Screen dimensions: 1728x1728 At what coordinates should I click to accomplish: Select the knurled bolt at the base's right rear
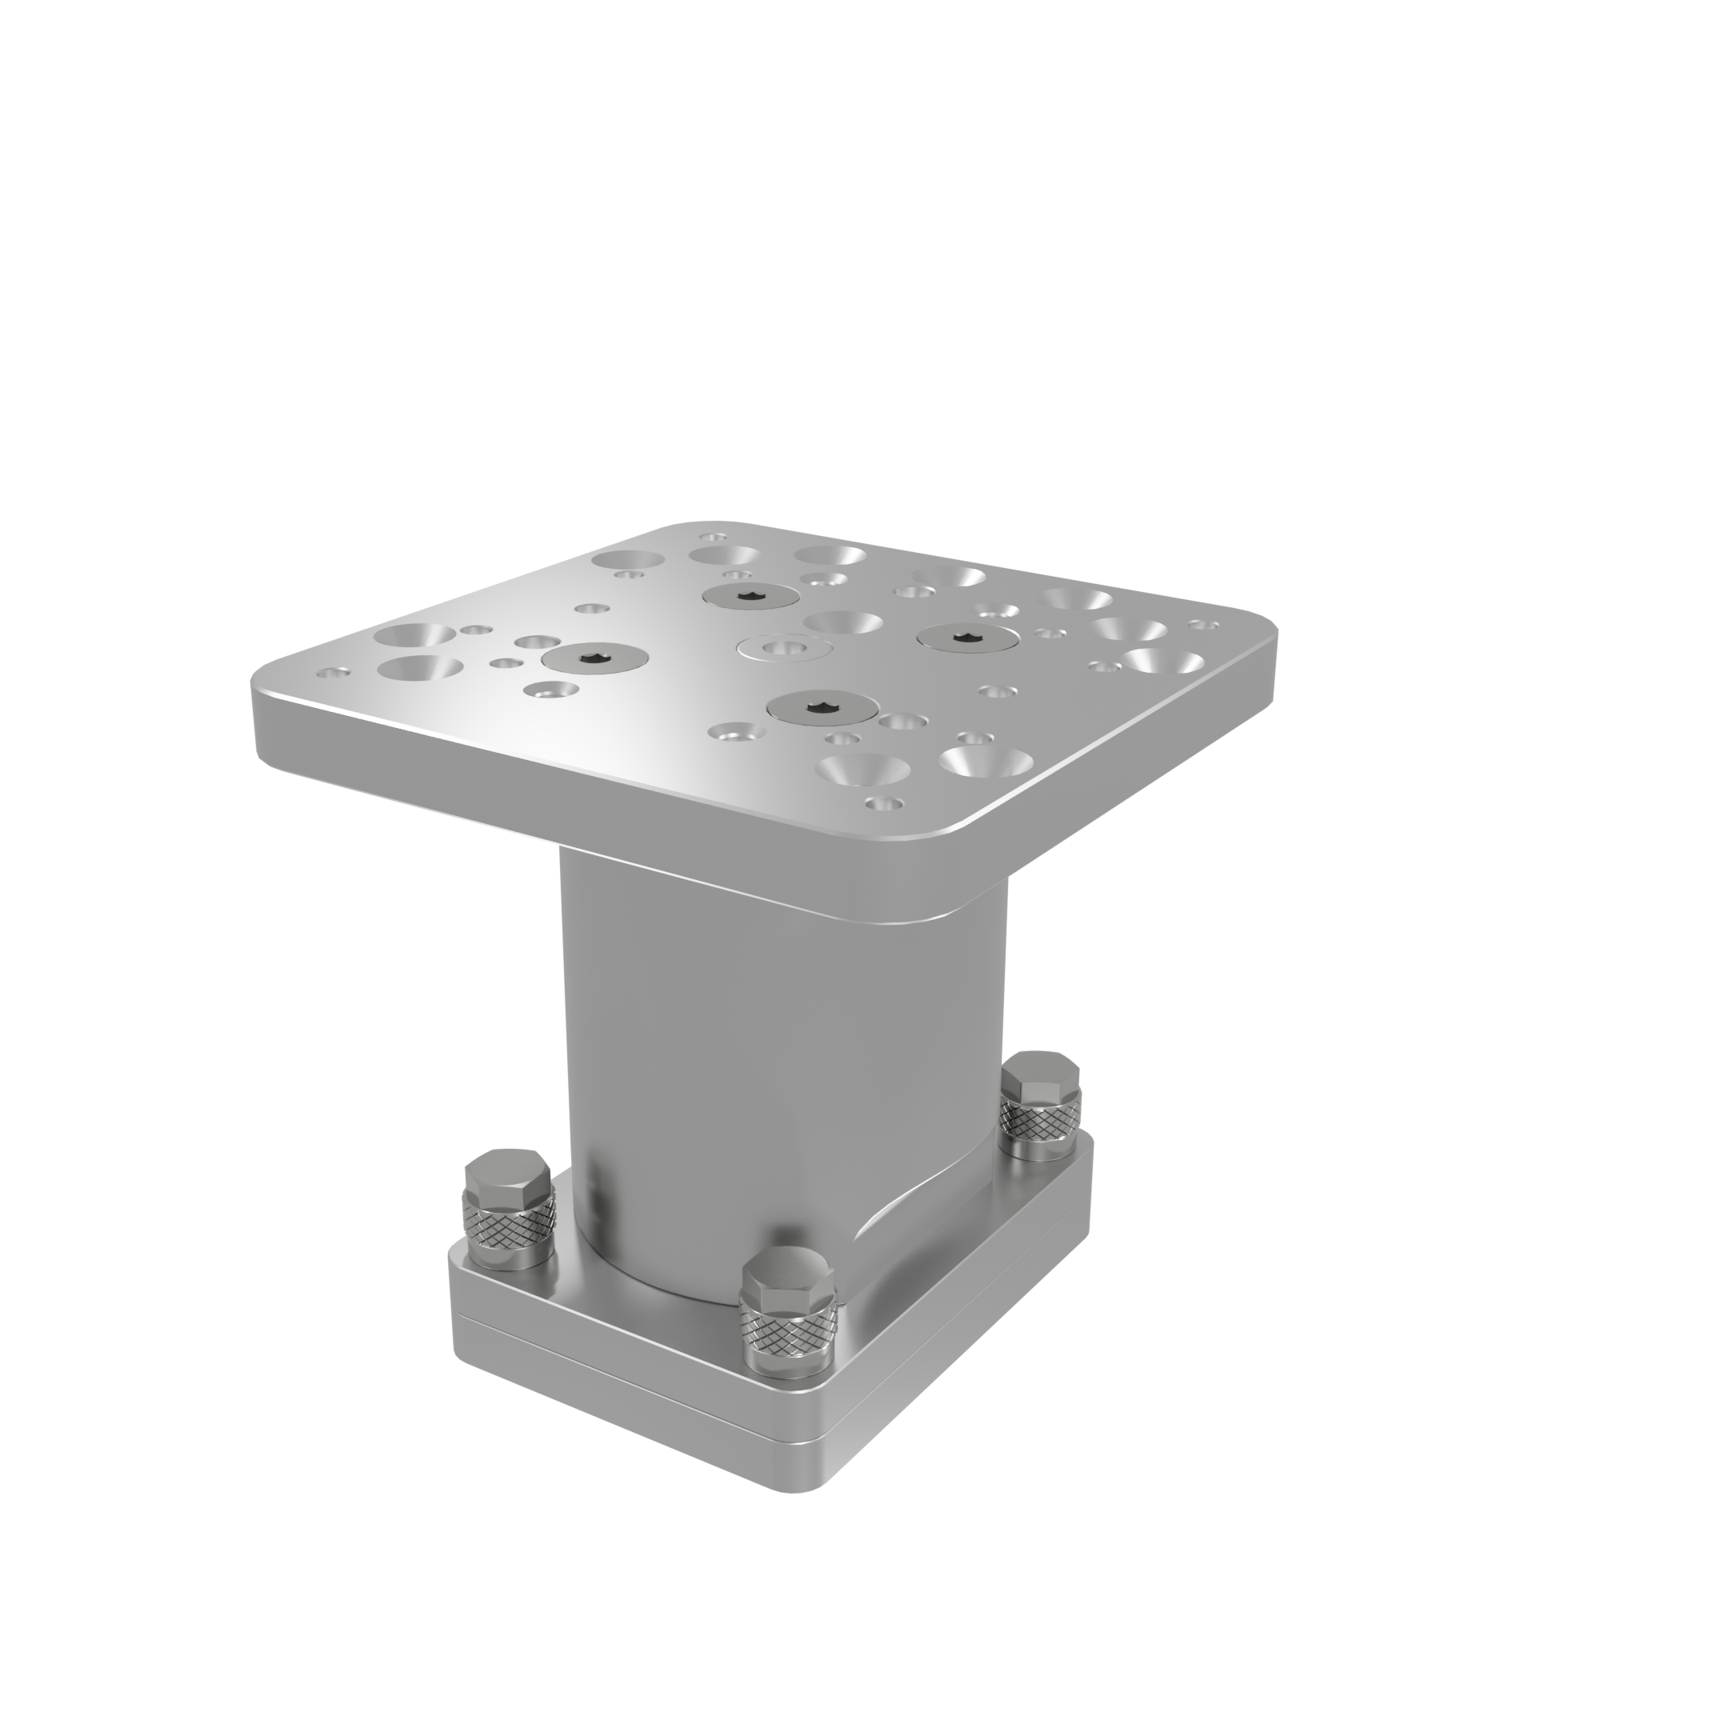pos(1040,1106)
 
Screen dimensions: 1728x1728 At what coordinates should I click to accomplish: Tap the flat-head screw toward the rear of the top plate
pos(750,597)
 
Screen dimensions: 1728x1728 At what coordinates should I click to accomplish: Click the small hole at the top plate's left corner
pos(334,672)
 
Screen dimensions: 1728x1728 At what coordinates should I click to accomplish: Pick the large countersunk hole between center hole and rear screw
pos(842,621)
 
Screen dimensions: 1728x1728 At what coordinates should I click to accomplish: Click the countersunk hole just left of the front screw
pos(735,733)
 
